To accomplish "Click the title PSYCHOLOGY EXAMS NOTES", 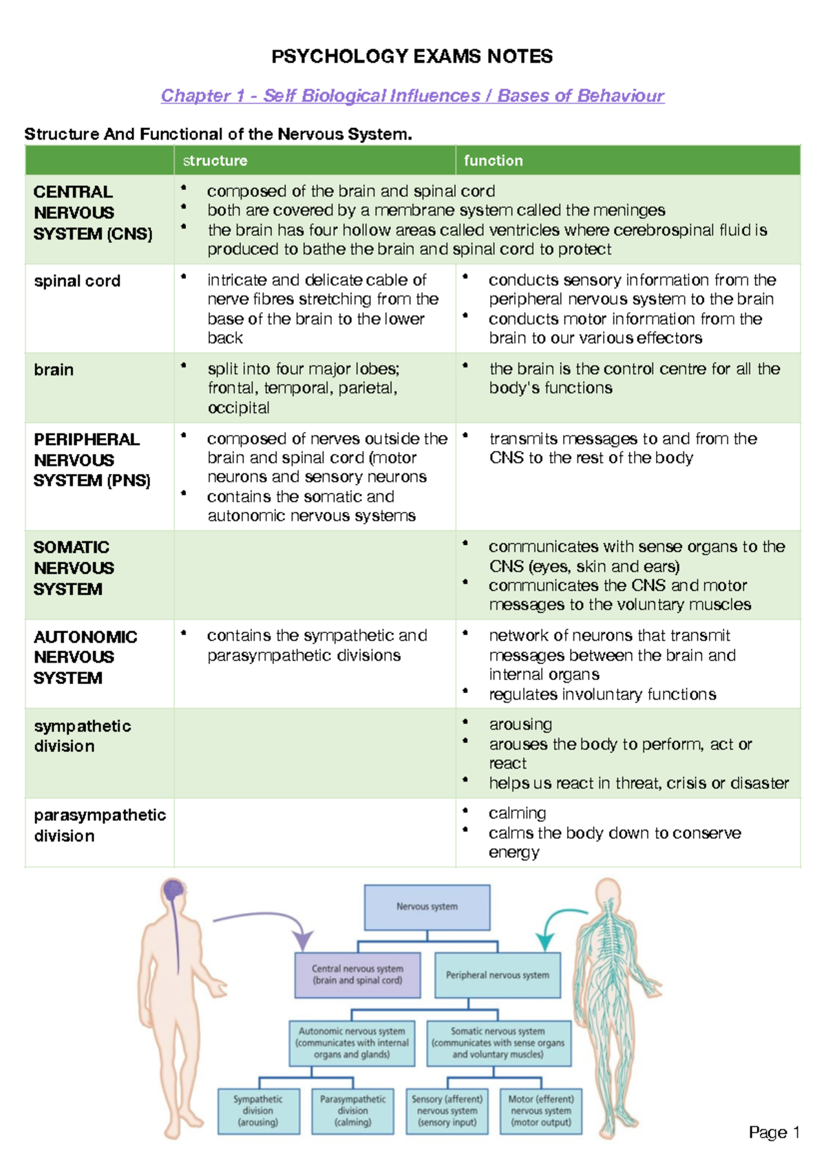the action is coord(412,56).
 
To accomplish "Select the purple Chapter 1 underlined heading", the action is coord(412,96).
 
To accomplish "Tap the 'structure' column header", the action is coord(215,160).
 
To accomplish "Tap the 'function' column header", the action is coord(493,160).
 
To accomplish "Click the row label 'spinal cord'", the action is coord(77,281).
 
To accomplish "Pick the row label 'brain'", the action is coord(54,370).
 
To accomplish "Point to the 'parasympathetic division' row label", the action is coord(100,825).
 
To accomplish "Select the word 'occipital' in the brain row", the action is coord(238,407).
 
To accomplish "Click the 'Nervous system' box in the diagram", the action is coord(427,907).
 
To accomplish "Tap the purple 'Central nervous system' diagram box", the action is coord(357,975).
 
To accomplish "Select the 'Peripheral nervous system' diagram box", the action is coord(498,975).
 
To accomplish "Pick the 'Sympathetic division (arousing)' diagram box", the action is coord(259,1111).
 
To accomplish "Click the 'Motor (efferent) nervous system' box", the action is coord(541,1111).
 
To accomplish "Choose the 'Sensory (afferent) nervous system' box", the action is coord(447,1111).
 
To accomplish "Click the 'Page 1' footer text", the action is coord(774,1133).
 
